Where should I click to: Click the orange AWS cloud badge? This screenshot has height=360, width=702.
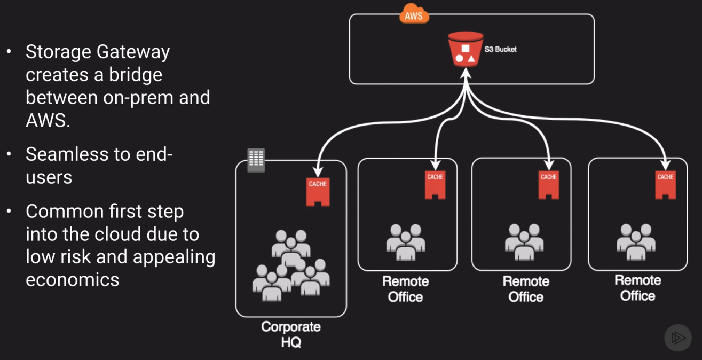414,15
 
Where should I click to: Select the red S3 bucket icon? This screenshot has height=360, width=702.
466,49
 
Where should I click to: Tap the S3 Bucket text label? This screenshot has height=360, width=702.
500,49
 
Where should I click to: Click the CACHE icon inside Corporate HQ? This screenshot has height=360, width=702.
318,191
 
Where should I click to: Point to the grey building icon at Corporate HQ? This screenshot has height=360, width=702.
256,160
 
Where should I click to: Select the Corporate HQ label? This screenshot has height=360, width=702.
291,334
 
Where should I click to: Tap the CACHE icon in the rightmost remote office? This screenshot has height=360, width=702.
665,184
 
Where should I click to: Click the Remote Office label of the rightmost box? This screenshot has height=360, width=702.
638,288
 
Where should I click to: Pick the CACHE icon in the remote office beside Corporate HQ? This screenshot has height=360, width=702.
435,184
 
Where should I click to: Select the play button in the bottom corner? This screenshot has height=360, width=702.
678,338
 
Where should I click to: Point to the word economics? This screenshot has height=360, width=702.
73,279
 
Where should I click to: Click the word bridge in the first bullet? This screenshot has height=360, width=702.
136,75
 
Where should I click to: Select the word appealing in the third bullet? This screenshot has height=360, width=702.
174,257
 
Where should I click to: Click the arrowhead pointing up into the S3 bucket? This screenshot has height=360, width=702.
467,74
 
